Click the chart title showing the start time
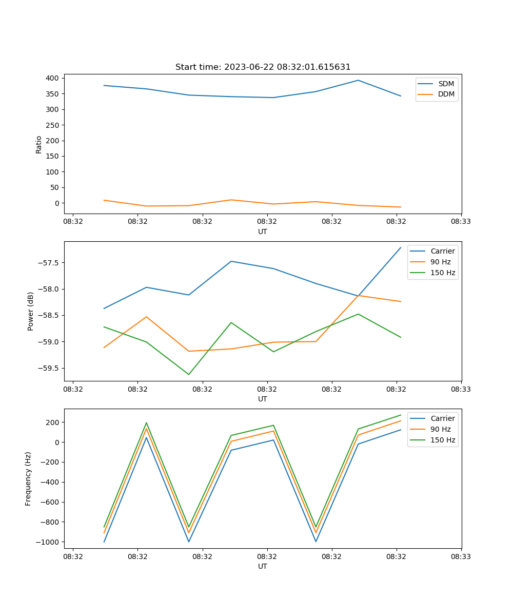pyautogui.click(x=263, y=67)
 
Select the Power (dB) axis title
pyautogui.click(x=31, y=311)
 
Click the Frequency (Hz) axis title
pyautogui.click(x=28, y=478)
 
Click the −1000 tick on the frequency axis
pyautogui.click(x=48, y=542)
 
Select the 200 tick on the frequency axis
pyautogui.click(x=54, y=422)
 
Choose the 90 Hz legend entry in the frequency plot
pyautogui.click(x=440, y=429)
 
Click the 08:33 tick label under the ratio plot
pyautogui.click(x=461, y=222)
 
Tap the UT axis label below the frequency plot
pyautogui.click(x=263, y=566)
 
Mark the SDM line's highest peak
pyautogui.click(x=358, y=80)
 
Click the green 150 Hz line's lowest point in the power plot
pyautogui.click(x=189, y=374)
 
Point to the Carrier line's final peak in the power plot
pyautogui.click(x=401, y=247)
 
